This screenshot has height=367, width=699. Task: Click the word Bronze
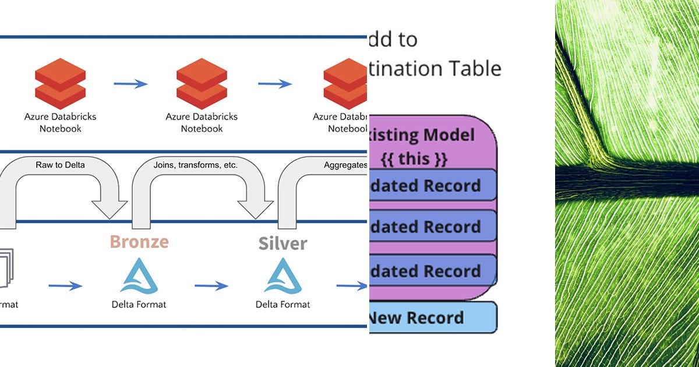tap(139, 241)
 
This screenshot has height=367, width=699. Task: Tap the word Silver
tap(283, 243)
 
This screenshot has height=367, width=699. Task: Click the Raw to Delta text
tap(60, 165)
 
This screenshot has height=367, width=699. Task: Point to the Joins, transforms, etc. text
tap(195, 165)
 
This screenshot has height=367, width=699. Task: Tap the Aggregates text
tap(345, 165)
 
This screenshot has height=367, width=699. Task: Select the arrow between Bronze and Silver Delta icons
tap(211, 286)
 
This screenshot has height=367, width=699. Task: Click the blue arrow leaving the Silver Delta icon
tap(352, 286)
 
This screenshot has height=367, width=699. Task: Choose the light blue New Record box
tap(432, 317)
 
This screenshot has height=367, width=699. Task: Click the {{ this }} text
tap(413, 158)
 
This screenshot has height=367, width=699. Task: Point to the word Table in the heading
tap(475, 69)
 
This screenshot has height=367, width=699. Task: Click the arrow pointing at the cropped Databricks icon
tap(275, 84)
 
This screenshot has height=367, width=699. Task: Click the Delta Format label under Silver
tap(283, 304)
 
